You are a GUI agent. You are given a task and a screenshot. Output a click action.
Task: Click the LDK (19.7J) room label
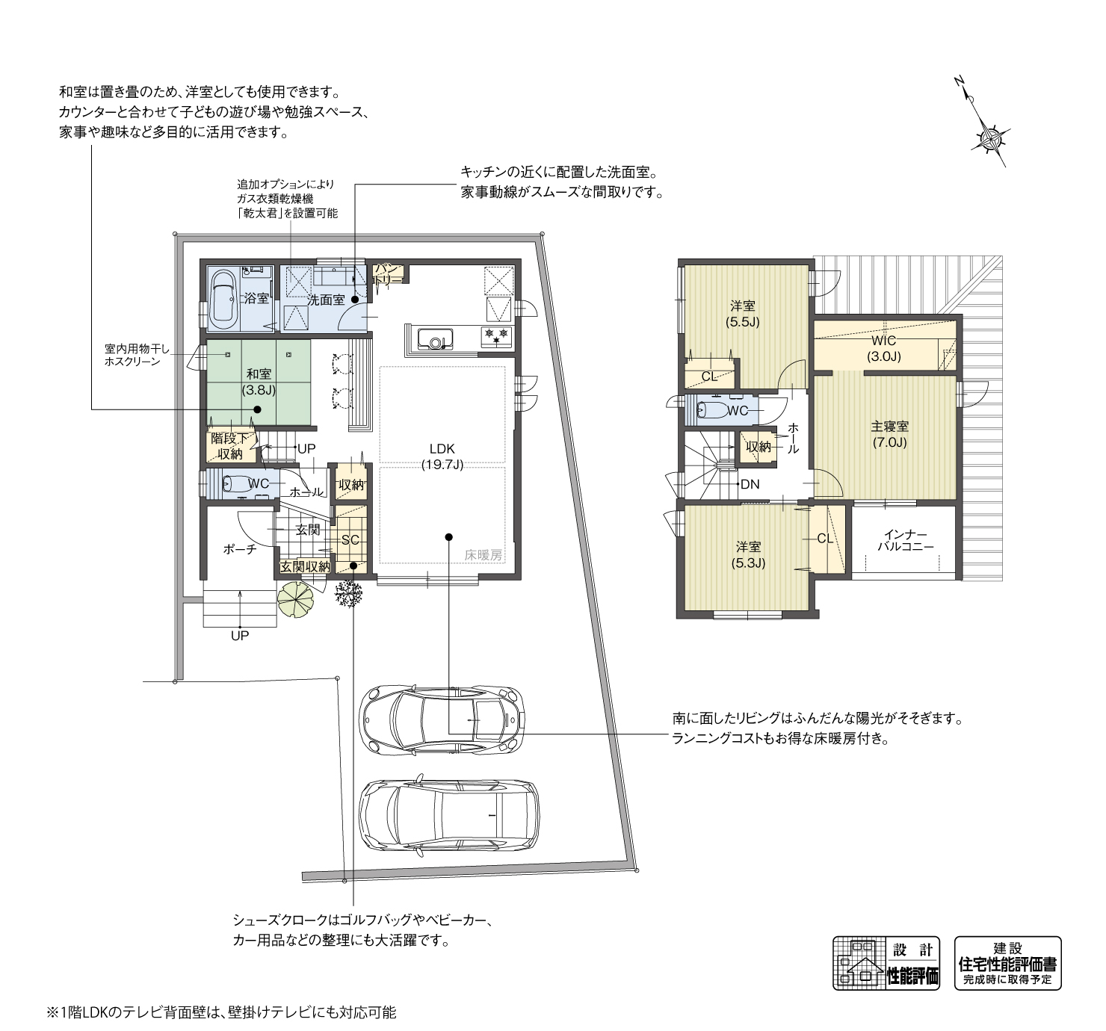point(442,456)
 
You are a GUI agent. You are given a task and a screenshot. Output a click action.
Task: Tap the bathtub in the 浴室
point(223,299)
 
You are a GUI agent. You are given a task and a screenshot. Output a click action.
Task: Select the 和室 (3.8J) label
point(259,381)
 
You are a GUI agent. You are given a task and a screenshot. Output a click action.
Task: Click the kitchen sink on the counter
point(434,341)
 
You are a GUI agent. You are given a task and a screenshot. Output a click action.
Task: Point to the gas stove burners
point(497,333)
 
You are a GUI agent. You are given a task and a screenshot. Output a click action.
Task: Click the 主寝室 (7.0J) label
point(889,434)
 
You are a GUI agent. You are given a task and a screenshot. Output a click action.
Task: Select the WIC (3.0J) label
point(883,349)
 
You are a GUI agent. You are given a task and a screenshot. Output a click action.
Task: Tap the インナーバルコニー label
point(905,541)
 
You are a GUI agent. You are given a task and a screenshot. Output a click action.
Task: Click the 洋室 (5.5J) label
point(742,314)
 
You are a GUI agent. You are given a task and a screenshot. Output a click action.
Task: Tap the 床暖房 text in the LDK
point(484,555)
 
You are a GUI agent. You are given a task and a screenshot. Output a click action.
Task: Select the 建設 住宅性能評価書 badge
point(1007,963)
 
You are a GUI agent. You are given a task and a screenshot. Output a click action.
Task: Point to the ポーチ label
point(240,549)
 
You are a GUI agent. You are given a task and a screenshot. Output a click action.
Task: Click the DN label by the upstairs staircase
point(750,484)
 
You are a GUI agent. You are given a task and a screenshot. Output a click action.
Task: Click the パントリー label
point(390,273)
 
